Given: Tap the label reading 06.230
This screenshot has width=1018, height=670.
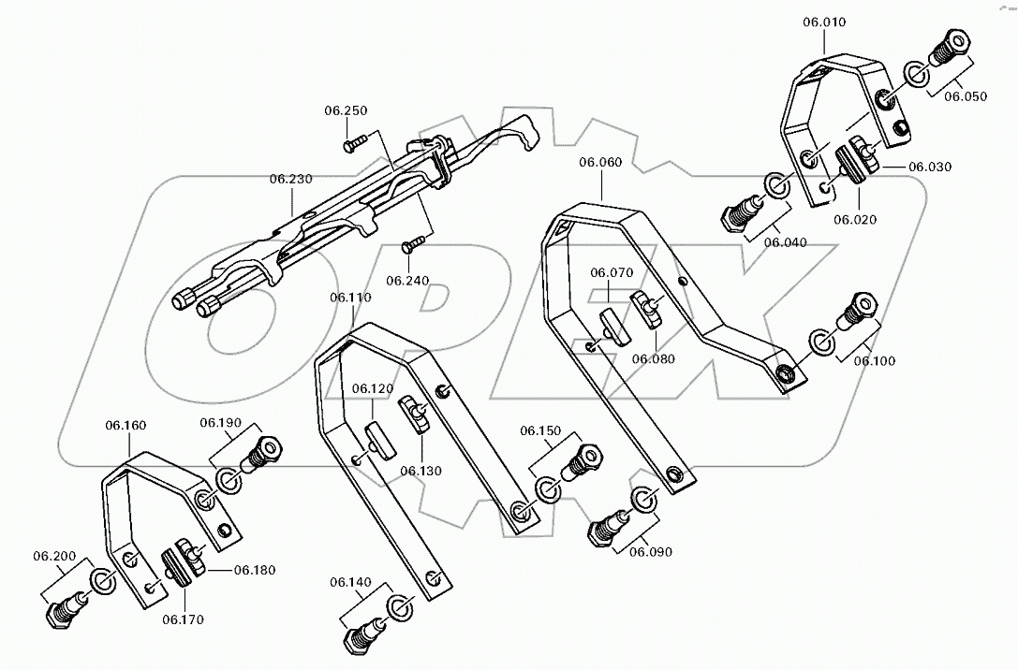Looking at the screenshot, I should click(291, 178).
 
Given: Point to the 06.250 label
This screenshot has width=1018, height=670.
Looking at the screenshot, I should click(347, 110).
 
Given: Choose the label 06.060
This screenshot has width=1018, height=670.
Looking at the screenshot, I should click(600, 162).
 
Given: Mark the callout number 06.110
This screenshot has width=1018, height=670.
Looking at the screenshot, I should click(350, 298).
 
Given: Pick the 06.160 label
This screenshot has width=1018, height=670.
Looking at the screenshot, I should click(125, 426).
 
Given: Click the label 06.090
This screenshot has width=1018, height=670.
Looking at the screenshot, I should click(650, 552).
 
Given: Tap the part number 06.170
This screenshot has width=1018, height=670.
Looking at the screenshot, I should click(183, 619).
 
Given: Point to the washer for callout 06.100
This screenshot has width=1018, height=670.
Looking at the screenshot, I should click(819, 342).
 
